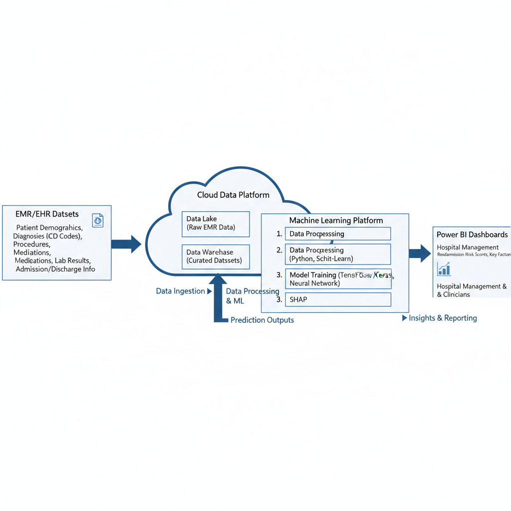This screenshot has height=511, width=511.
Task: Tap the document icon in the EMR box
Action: [x=98, y=220]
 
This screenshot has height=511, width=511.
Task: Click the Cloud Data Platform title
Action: [x=233, y=195]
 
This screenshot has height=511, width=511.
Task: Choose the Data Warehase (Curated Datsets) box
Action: [x=216, y=256]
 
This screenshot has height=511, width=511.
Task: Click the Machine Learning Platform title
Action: [x=336, y=220]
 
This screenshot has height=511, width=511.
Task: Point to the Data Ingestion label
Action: [x=180, y=291]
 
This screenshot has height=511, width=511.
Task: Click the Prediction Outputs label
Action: [x=262, y=320]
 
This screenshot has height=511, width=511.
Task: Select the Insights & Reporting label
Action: [x=443, y=318]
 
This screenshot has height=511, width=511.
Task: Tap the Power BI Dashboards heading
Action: [x=472, y=235]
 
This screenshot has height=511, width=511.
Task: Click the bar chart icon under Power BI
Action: [x=444, y=269]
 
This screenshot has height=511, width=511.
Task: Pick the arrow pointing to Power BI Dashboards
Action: [x=420, y=253]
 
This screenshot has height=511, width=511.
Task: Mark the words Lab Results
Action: [x=72, y=260]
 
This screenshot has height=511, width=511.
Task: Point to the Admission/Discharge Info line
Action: [x=55, y=269]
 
